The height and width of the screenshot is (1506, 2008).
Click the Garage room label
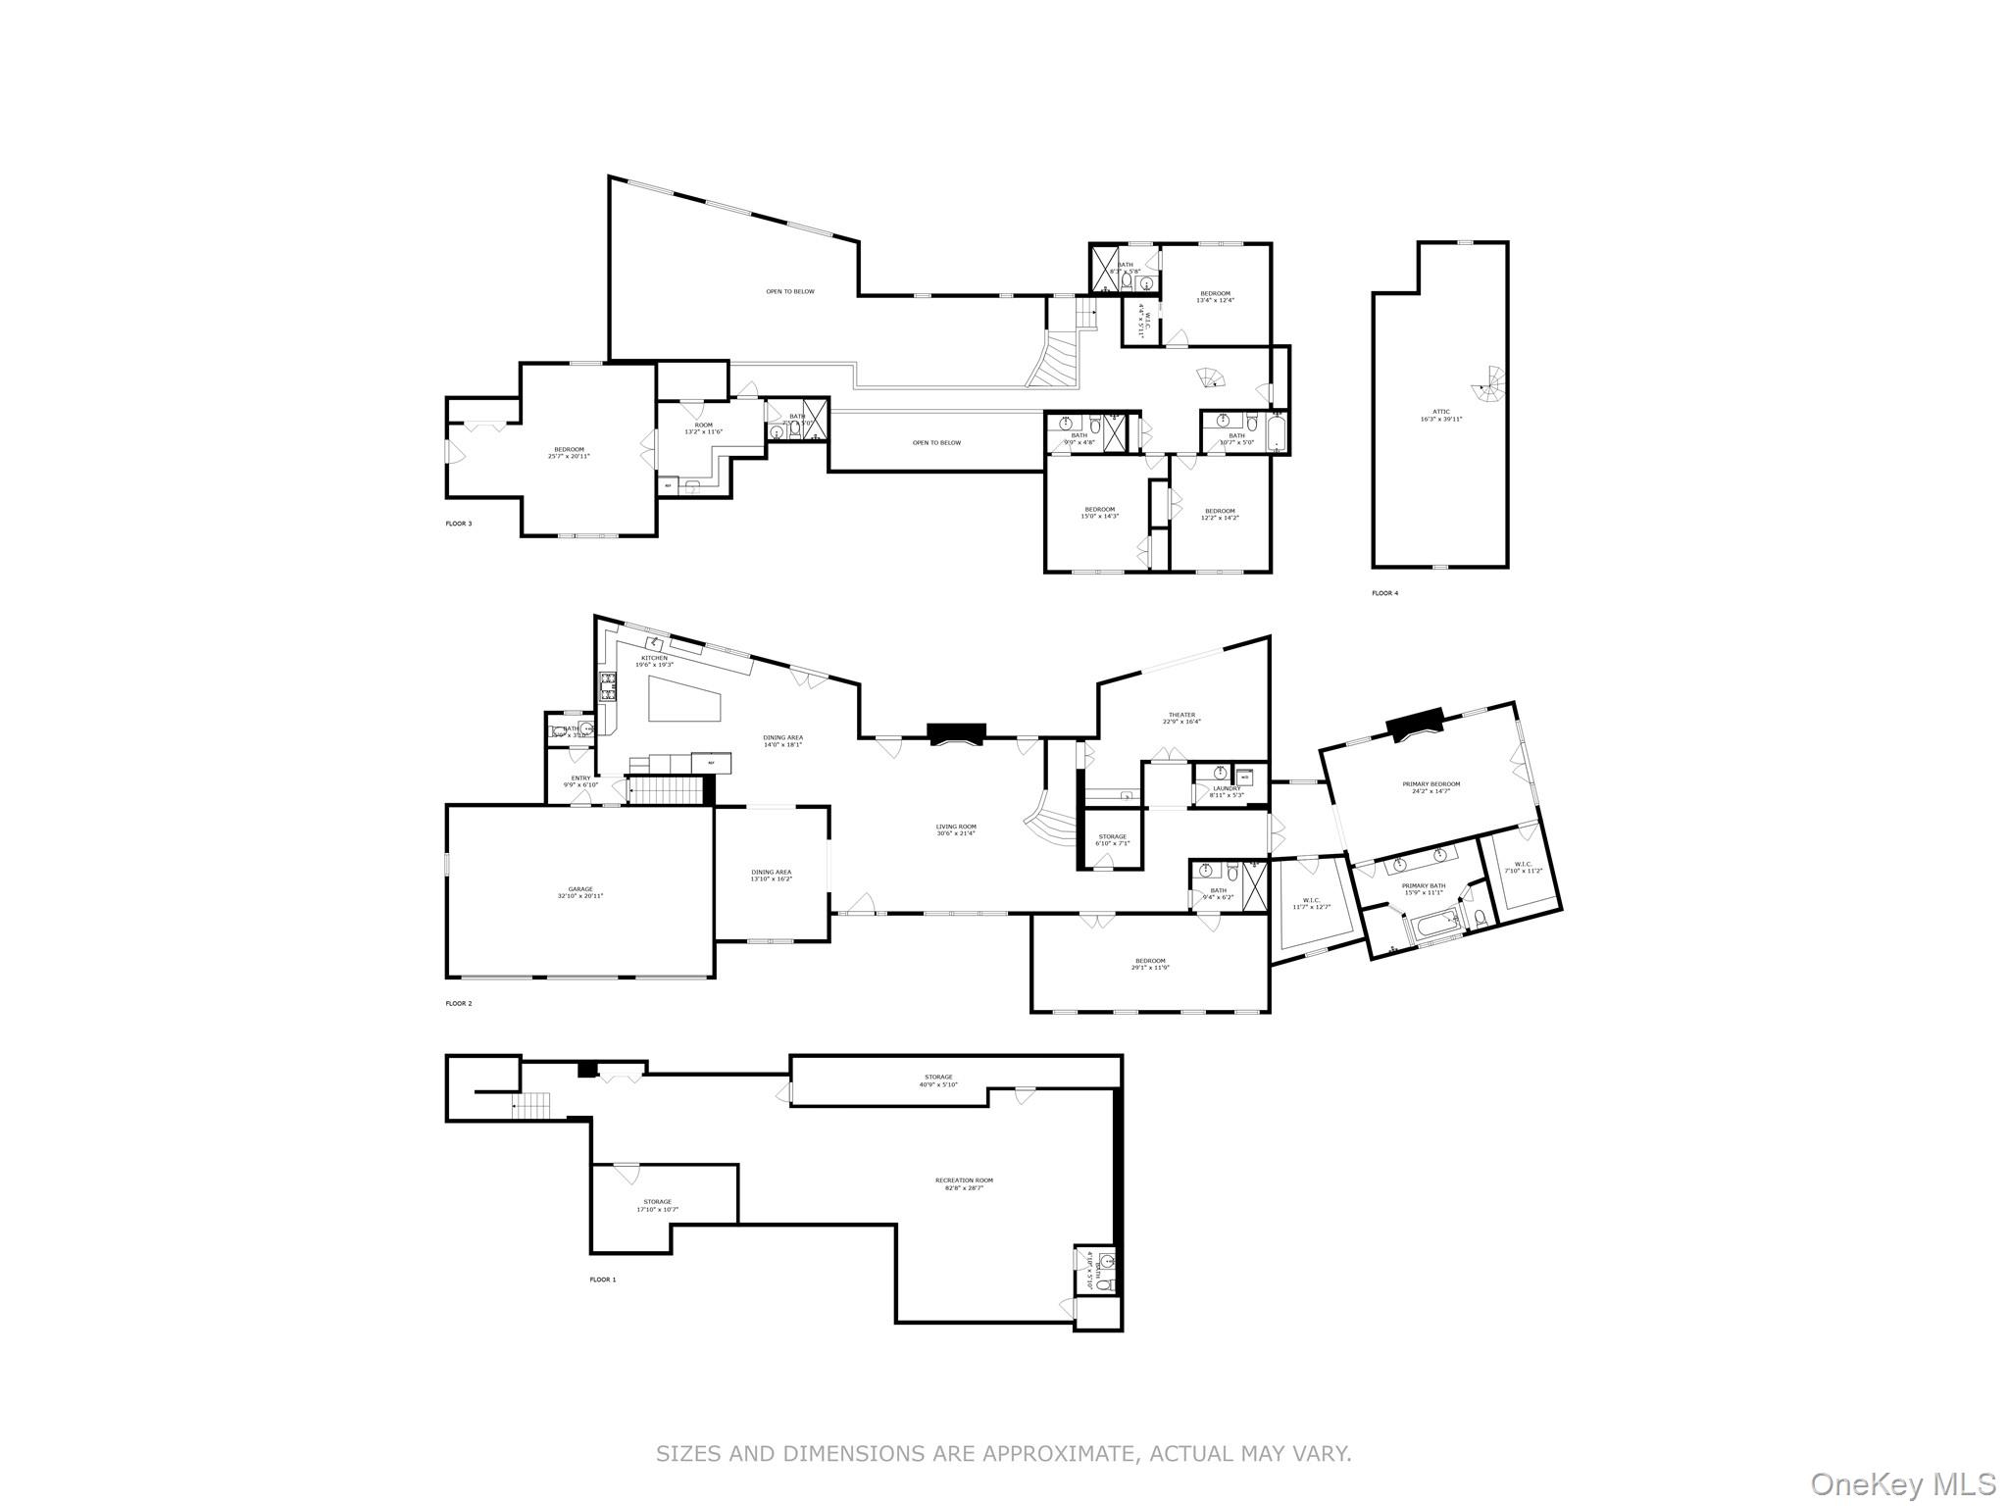pyautogui.click(x=580, y=889)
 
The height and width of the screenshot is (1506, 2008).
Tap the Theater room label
pyautogui.click(x=1181, y=715)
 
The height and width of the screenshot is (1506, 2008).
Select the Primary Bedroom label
pyautogui.click(x=1431, y=784)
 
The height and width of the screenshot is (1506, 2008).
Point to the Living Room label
pyautogui.click(x=956, y=828)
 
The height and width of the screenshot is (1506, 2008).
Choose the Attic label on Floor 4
pyautogui.click(x=1440, y=412)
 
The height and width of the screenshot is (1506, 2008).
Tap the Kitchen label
pyautogui.click(x=654, y=658)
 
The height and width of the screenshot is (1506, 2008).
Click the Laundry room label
pyautogui.click(x=1227, y=788)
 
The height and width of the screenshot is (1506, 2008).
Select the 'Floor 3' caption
pyautogui.click(x=459, y=524)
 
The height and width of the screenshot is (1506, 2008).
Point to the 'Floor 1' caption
pyautogui.click(x=603, y=1280)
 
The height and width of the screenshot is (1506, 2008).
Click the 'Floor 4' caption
pyautogui.click(x=1384, y=593)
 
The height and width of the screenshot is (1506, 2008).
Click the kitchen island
pyautogui.click(x=684, y=701)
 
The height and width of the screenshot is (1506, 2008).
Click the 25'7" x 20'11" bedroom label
pyautogui.click(x=569, y=453)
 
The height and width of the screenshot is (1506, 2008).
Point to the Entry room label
pyautogui.click(x=581, y=778)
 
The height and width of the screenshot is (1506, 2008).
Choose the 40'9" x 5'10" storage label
pyautogui.click(x=937, y=1080)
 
